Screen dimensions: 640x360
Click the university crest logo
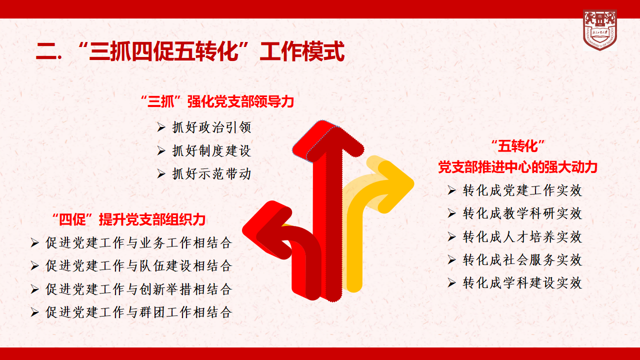tap(599, 30)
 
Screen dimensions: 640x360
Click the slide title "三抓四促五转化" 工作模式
tap(190, 51)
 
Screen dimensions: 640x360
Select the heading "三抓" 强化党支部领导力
tap(217, 101)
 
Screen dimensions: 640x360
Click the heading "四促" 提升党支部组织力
tap(129, 219)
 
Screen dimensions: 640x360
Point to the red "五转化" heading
tap(517, 146)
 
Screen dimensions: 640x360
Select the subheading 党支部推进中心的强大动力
tap(517, 167)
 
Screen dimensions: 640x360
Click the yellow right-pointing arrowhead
tap(395, 185)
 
